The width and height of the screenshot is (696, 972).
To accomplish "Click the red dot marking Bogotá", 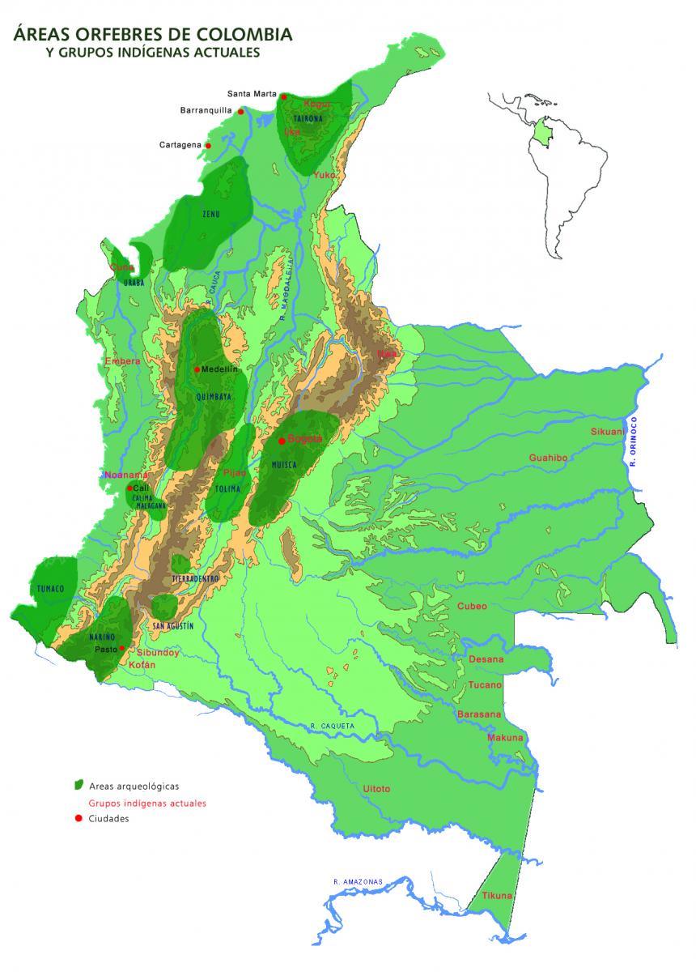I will pos(282,441).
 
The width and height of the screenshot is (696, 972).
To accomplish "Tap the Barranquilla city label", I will pos(206,110).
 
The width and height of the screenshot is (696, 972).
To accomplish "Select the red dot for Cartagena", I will pos(209,146).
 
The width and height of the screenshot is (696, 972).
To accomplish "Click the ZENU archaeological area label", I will pos(211,214).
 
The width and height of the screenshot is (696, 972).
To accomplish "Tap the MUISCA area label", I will pos(284,465).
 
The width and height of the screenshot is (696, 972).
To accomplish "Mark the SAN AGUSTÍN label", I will pos(172,626).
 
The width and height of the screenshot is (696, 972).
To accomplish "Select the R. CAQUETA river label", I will pos(333,726).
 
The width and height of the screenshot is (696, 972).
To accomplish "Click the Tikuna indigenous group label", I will pos(497,895).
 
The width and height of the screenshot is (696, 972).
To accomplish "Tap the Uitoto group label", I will pos(376,788).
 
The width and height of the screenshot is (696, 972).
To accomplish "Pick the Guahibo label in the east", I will pos(548,458).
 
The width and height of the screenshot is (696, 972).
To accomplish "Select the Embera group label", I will pos(123,361).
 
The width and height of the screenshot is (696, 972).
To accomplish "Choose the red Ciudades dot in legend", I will pos(79,818).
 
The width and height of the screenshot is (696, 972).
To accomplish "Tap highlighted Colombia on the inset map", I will pos(541,130).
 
